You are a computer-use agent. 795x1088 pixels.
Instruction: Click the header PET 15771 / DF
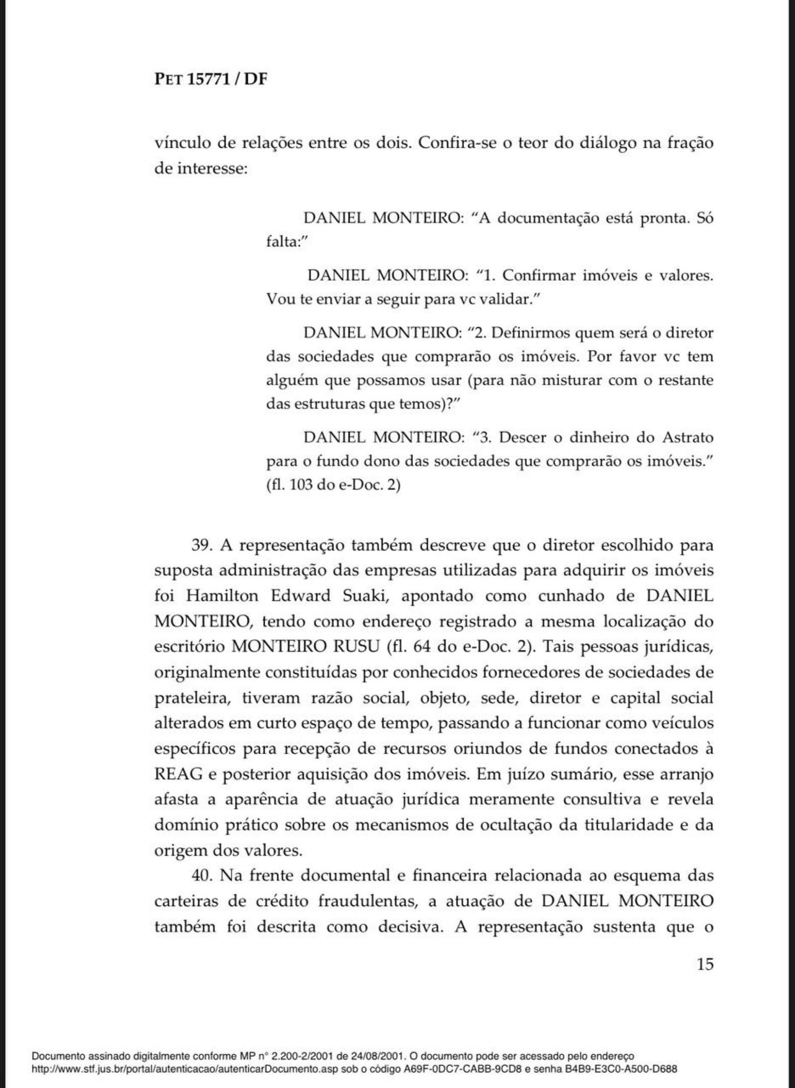coord(210,80)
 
